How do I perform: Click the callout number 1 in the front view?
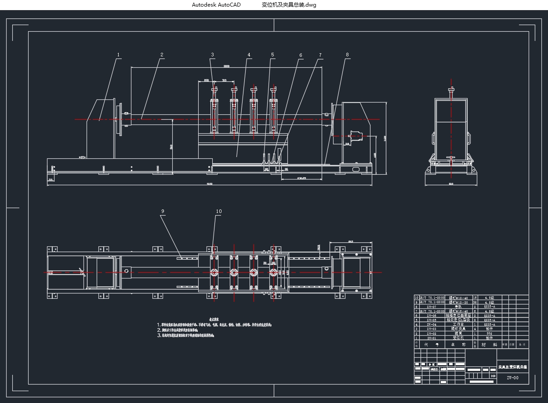click(118, 55)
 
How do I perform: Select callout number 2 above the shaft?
click(162, 55)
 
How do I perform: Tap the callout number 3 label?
click(212, 55)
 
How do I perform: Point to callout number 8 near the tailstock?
click(347, 55)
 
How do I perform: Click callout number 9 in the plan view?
click(163, 212)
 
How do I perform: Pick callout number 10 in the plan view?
click(218, 212)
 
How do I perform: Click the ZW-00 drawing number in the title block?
click(512, 378)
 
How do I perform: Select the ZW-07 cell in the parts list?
click(432, 307)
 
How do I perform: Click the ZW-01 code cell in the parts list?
click(432, 338)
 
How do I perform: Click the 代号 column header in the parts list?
click(431, 345)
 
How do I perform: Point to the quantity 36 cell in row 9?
click(475, 302)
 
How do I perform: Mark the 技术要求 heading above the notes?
click(214, 319)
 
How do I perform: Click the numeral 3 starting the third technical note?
click(159, 335)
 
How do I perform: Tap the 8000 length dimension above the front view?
click(226, 66)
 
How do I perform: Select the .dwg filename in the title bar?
click(289, 5)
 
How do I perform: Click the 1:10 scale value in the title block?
click(493, 376)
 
